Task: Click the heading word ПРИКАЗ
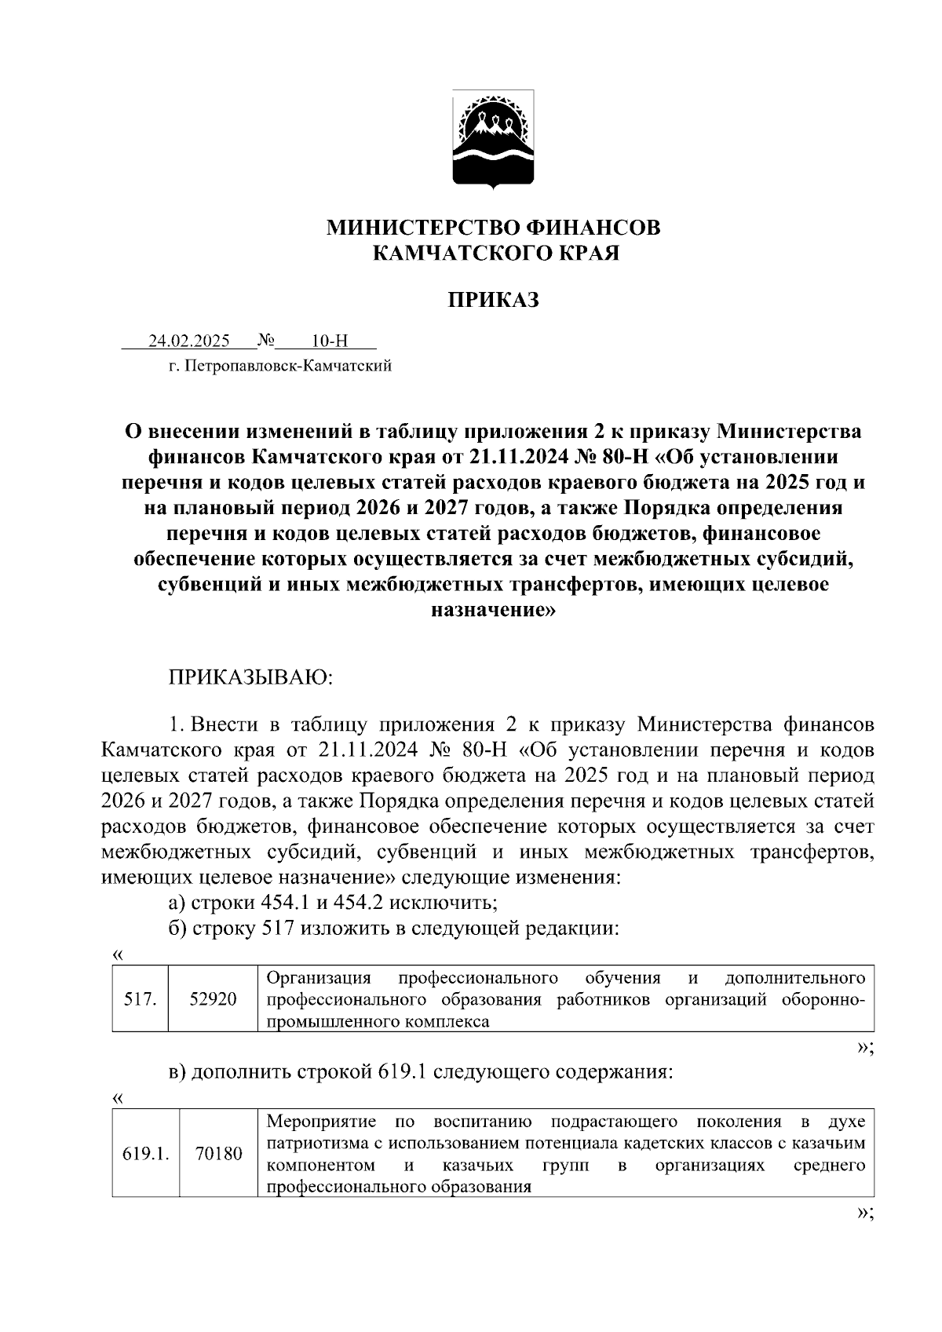(494, 300)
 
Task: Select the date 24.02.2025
(189, 341)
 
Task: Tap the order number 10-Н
(329, 341)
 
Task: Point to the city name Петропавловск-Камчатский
(288, 366)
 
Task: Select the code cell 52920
(213, 999)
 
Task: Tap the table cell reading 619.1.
(147, 1154)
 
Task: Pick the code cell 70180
(219, 1154)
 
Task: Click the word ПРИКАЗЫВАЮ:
(251, 677)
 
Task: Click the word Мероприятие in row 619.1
(322, 1122)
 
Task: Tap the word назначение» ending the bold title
(494, 609)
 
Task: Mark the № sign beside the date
(266, 341)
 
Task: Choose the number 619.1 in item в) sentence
(402, 1072)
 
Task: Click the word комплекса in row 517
(446, 1022)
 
